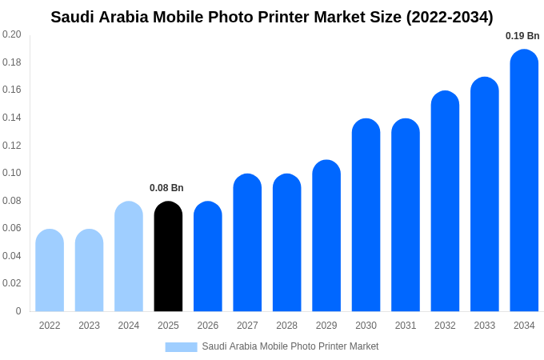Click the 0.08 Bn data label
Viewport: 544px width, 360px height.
tap(166, 188)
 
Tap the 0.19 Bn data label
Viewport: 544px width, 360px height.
tap(522, 36)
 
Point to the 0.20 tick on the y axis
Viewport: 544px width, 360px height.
tap(12, 34)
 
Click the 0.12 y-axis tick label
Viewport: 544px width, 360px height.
tap(12, 145)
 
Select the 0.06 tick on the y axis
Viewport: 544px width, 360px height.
tap(12, 228)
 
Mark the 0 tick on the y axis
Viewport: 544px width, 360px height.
tap(18, 311)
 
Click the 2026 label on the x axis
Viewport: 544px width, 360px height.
tap(208, 326)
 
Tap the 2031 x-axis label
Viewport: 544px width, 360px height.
tap(406, 326)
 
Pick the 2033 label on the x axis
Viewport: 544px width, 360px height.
tap(485, 326)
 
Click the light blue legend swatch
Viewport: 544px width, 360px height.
tap(181, 346)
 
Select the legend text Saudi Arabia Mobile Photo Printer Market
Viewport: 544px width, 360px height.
tap(290, 346)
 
